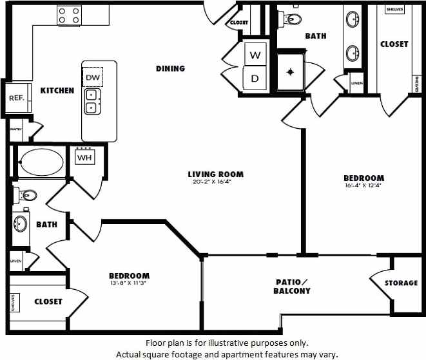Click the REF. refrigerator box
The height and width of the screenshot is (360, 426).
tap(16, 98)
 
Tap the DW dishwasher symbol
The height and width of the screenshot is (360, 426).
tap(92, 77)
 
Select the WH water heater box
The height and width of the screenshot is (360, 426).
tap(84, 157)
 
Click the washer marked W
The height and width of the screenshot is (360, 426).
tap(255, 55)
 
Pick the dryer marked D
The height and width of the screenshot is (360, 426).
tap(255, 79)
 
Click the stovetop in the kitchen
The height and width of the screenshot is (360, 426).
tap(69, 15)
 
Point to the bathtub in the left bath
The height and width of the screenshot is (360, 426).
tap(40, 164)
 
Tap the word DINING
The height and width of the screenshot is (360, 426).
tap(170, 68)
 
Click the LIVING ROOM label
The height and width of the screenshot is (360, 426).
tap(215, 174)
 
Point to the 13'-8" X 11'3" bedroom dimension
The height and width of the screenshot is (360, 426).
tap(129, 283)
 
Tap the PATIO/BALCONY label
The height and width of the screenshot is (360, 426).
tap(293, 286)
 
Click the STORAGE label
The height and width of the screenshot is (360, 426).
tap(401, 283)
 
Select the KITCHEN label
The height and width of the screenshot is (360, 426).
tap(57, 91)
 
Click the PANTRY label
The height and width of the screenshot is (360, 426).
tap(16, 129)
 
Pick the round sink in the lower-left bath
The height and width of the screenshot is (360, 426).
tap(21, 224)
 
